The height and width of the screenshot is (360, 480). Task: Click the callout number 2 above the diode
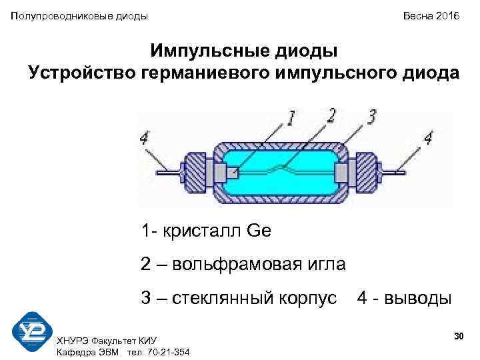point(331,115)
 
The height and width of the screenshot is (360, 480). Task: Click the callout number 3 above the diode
point(372,116)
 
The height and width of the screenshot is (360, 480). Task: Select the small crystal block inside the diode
point(232,173)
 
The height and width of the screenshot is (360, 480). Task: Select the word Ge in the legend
point(259,231)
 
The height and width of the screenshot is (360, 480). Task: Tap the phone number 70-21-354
point(166,351)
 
